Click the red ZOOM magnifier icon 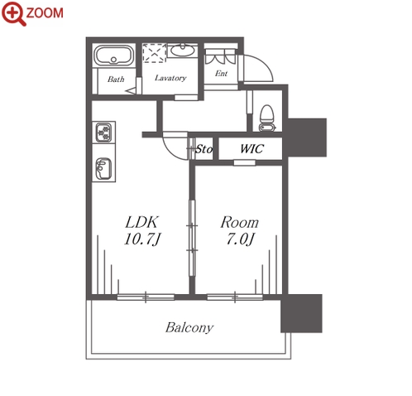(14, 13)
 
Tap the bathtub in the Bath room (113, 56)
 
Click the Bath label (116, 80)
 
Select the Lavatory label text (170, 78)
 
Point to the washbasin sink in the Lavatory (182, 51)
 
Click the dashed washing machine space (155, 53)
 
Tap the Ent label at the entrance (221, 74)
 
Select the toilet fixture (267, 118)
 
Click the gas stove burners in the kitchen (103, 133)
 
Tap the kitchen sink (103, 168)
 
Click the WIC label (252, 148)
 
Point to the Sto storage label (204, 149)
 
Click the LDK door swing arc (170, 151)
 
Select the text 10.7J (142, 239)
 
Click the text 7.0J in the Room (240, 239)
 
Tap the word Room (240, 222)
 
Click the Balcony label (189, 328)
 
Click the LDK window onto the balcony (146, 297)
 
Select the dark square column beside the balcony (301, 313)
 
